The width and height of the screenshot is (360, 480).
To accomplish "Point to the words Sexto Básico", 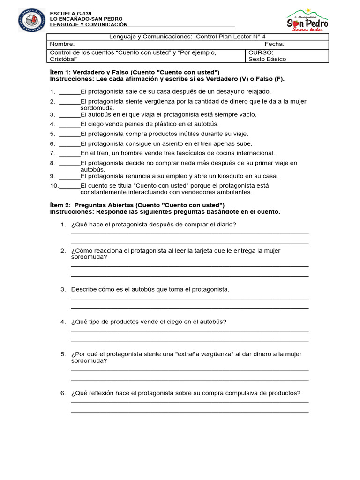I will coord(267,60).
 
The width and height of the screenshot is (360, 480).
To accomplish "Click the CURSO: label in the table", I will coord(261,52).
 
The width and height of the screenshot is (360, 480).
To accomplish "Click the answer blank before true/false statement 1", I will coord(69,92).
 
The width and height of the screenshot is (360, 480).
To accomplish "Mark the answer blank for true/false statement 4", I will coord(69,124).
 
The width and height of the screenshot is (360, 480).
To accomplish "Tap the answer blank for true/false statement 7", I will coord(69,153).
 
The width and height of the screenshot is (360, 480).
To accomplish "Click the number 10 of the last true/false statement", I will coord(54,186).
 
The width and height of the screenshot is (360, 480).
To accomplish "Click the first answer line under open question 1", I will coord(189,233).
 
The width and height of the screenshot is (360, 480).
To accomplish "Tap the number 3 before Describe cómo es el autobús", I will coord(62,289).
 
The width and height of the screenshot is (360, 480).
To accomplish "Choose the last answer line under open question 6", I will coord(189,412).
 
